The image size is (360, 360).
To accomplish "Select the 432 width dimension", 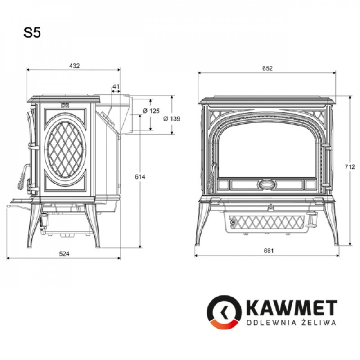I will [x=74, y=66].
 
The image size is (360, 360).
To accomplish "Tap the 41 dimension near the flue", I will [x=116, y=86].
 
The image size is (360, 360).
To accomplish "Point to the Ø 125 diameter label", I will [x=151, y=111].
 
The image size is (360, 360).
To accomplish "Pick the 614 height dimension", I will [x=140, y=177].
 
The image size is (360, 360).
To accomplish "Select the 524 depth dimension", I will [x=64, y=254].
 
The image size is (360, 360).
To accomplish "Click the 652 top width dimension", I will [x=267, y=68].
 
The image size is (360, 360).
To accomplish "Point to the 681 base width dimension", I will [x=267, y=251].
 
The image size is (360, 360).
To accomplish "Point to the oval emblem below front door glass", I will [x=267, y=184].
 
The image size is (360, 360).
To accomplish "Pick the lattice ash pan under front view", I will [x=267, y=222].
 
